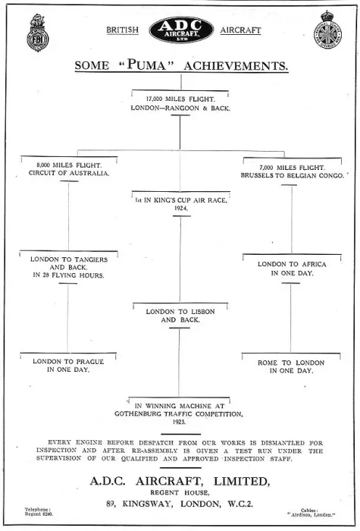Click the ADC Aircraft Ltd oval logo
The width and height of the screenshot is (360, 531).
(x=181, y=30)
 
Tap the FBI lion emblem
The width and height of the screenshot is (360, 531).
(x=38, y=33)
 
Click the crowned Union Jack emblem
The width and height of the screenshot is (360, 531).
(x=327, y=30)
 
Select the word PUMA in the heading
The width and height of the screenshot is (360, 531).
(x=147, y=64)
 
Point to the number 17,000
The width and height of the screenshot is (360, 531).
(x=154, y=99)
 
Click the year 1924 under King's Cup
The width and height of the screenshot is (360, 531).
(x=181, y=209)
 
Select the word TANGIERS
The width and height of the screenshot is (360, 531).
(x=91, y=259)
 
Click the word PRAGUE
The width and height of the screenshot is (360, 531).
(x=89, y=362)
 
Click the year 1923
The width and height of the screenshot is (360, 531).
(x=179, y=422)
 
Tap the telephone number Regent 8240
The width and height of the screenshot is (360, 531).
(x=39, y=514)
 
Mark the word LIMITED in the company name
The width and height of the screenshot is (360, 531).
(x=241, y=482)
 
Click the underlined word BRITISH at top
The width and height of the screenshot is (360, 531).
(x=123, y=30)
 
